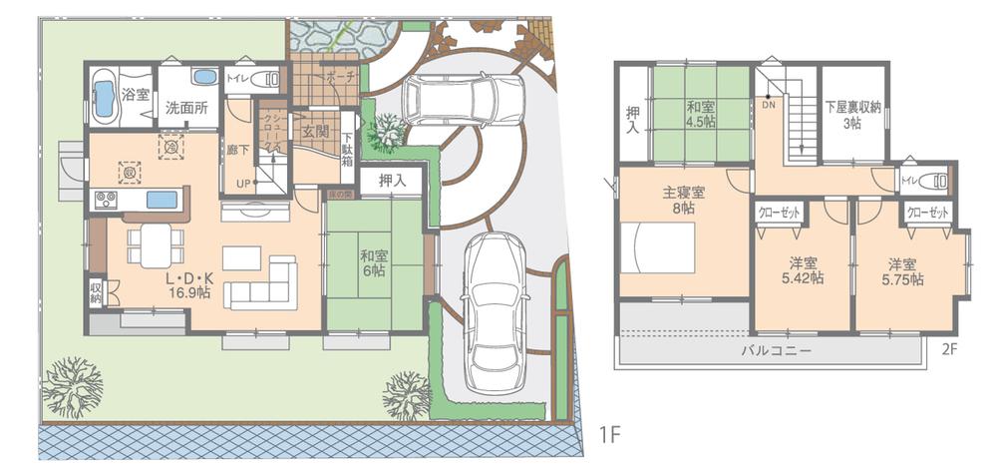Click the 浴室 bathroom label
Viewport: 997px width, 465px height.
tap(136, 95)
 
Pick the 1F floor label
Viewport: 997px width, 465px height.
tap(610, 435)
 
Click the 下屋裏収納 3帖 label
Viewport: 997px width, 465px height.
tap(851, 114)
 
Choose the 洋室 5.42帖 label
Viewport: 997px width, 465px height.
tap(802, 270)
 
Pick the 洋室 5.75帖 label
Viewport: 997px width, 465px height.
tap(902, 271)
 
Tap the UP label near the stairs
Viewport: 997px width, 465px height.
tap(242, 184)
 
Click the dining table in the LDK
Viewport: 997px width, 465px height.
tap(155, 242)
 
